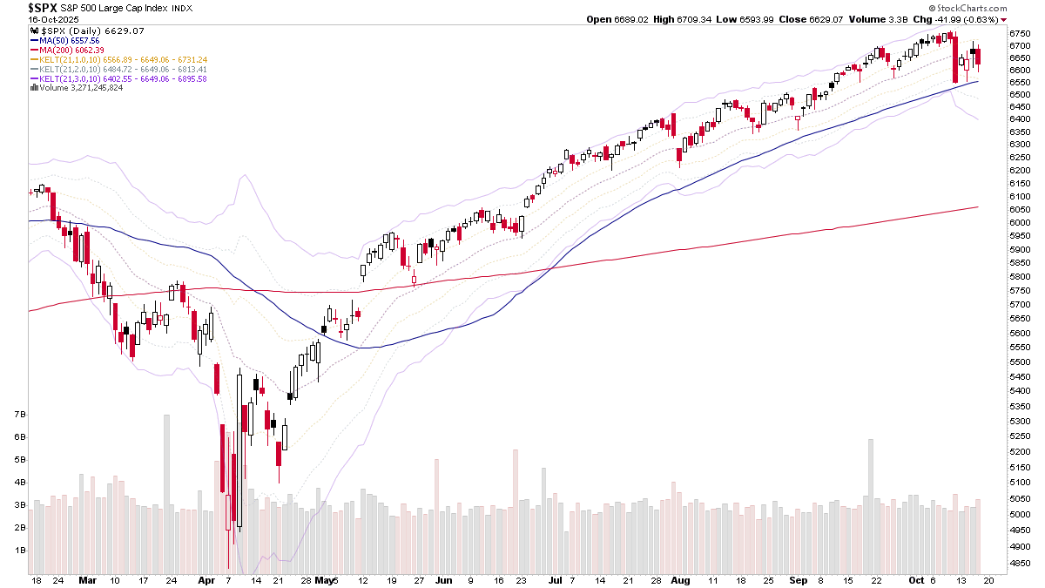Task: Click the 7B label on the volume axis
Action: click(x=19, y=415)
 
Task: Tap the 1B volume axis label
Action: click(x=19, y=551)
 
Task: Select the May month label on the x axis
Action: click(x=324, y=579)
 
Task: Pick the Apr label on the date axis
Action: click(x=206, y=579)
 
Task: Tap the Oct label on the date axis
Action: click(x=915, y=579)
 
